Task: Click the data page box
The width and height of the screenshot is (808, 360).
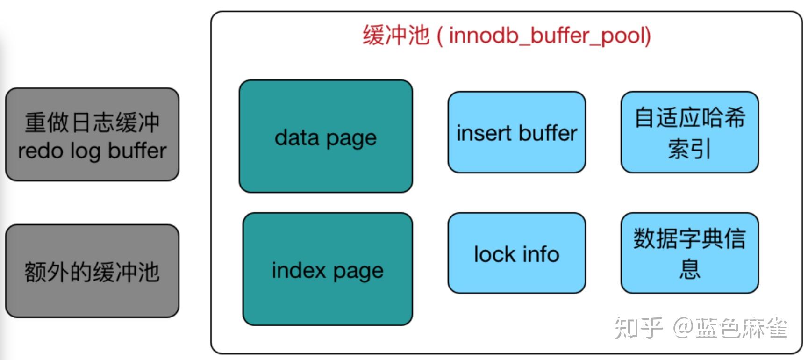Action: coord(326,136)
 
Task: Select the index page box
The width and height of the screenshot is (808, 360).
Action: coord(327,269)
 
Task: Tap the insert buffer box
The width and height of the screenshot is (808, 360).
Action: coord(516,132)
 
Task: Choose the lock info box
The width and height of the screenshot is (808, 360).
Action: coord(516,253)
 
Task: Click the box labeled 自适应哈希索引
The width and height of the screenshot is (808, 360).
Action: coord(689,132)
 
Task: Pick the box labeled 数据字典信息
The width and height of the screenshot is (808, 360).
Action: coord(689,253)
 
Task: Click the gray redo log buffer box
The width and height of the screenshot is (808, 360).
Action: coord(92,135)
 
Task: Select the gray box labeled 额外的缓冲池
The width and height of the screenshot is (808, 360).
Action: coord(92,271)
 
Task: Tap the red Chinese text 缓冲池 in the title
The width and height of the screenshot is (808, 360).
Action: coord(395,36)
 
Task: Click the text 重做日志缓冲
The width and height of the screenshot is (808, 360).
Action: coord(92,122)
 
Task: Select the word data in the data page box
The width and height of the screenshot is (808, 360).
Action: coord(297,137)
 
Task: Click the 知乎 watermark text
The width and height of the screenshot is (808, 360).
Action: coord(638,328)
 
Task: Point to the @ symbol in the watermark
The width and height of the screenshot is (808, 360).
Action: coord(683,328)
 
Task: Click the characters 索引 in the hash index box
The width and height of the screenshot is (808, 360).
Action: coord(689,149)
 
